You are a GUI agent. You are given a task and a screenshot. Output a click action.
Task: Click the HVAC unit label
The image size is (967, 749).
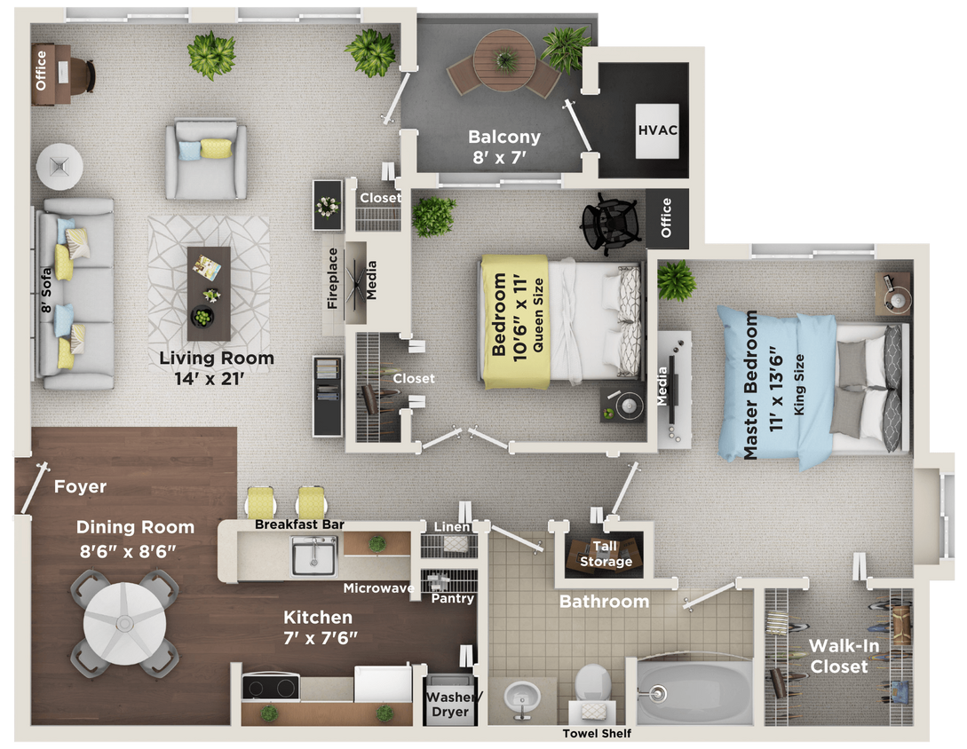[658, 130]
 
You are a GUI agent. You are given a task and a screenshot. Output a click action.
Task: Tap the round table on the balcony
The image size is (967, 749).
[503, 59]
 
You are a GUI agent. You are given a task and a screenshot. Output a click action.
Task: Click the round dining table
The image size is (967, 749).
[124, 620]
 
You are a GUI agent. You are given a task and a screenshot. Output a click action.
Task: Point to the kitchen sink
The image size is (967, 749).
[314, 556]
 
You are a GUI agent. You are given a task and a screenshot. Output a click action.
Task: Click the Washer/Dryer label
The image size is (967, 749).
[450, 704]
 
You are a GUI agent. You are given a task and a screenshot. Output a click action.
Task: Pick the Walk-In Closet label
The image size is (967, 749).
[844, 656]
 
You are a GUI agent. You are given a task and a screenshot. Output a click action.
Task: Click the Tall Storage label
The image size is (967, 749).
[606, 555]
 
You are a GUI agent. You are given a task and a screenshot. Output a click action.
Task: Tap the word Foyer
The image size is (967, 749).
[80, 486]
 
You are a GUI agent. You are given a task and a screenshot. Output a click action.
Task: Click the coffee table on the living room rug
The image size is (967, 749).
[209, 293]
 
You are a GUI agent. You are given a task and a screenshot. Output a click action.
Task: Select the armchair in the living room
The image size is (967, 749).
[206, 159]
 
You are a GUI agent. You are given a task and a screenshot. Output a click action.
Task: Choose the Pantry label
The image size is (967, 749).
[452, 598]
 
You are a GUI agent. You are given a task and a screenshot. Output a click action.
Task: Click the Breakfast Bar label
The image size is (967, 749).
[299, 524]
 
